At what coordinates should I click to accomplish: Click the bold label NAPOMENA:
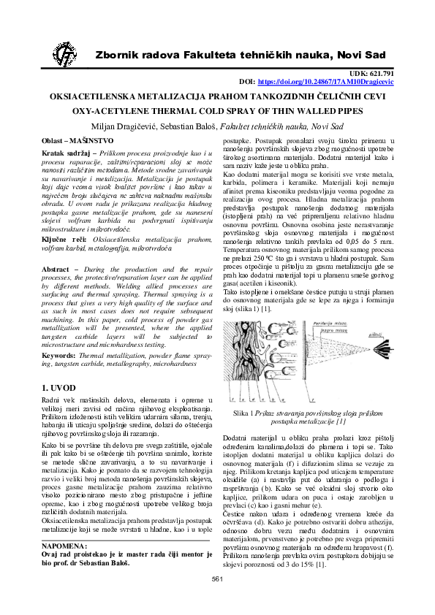64,525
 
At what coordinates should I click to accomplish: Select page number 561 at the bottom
216,600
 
